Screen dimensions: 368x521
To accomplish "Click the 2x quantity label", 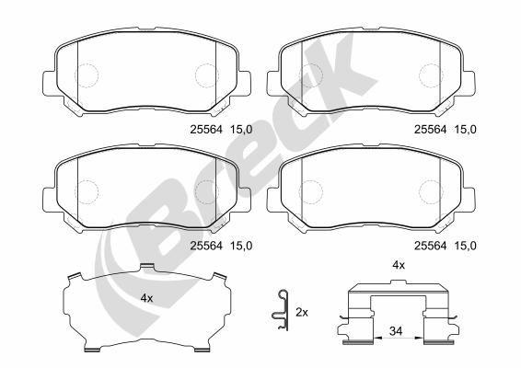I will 301,313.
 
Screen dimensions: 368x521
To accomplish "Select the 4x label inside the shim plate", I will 146,299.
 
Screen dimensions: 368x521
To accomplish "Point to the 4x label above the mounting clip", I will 399,265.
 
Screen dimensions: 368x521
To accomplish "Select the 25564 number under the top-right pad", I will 430,129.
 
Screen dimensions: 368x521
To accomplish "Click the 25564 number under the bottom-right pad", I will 430,244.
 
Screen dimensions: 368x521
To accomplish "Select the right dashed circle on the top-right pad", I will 430,75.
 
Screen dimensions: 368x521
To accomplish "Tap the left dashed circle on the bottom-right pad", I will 310,190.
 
